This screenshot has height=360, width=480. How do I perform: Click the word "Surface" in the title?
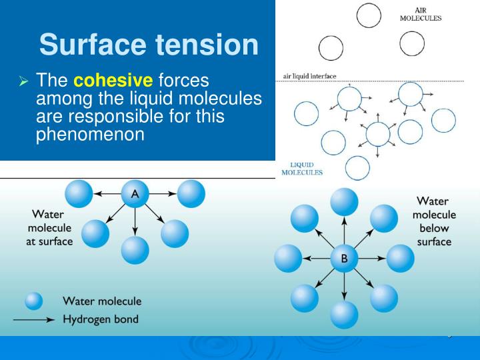coord(93,45)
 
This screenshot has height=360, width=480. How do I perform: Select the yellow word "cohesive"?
coord(113,81)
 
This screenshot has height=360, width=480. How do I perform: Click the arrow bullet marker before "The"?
coord(23,82)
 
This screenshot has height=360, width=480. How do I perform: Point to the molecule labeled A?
coord(135,194)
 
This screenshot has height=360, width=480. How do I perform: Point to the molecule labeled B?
coord(344,258)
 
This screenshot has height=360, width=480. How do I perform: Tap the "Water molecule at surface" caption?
coord(50,228)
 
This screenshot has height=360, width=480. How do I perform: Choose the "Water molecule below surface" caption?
coord(434,221)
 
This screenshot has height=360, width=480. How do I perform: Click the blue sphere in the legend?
coord(34,301)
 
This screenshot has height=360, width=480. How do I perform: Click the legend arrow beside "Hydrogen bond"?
coord(33,320)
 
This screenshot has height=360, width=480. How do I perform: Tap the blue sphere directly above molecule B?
coord(344,201)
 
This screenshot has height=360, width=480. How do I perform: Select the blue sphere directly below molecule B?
coord(344,315)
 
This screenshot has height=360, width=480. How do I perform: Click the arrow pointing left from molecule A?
coord(107,194)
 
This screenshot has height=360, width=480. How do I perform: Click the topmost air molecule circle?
coord(369,15)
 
